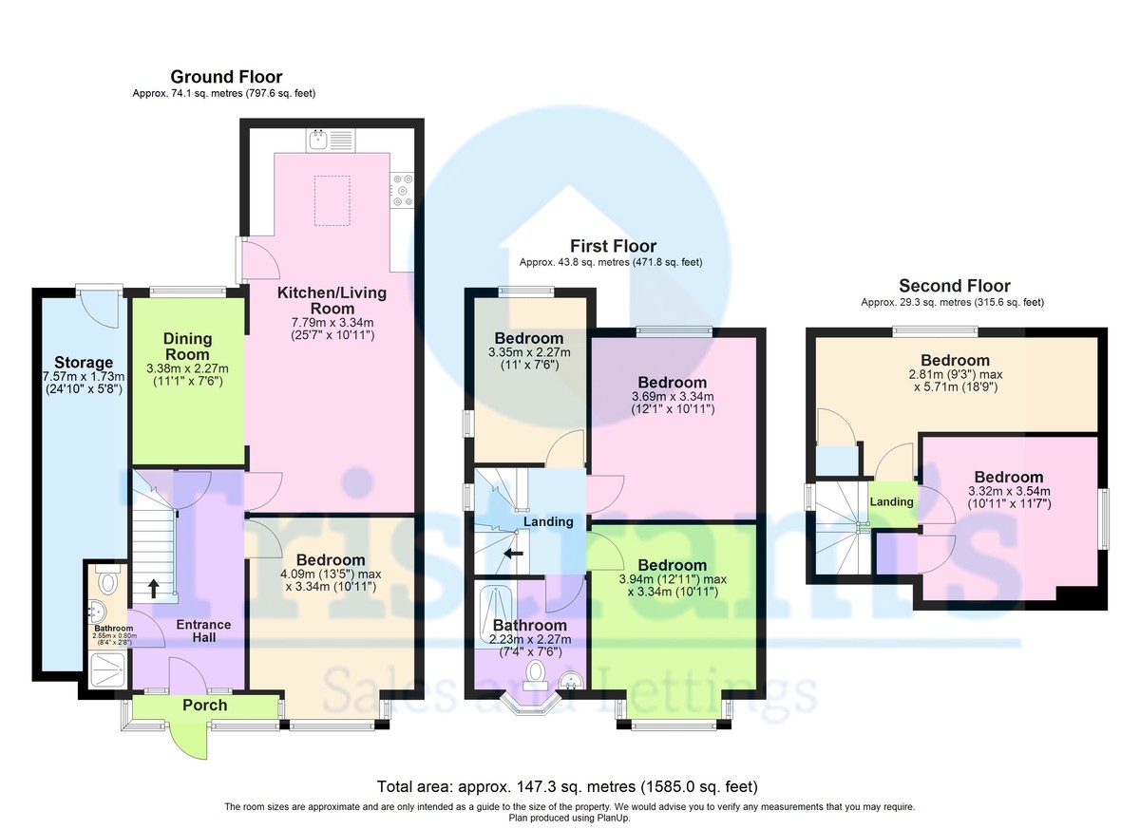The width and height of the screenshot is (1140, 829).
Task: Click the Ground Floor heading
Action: [x=226, y=77]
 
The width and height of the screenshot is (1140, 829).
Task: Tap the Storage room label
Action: [x=84, y=362]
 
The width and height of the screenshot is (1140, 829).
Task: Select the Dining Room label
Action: [x=187, y=347]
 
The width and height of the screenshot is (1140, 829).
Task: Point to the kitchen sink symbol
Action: [x=329, y=141]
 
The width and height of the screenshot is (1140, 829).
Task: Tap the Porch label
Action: [x=205, y=705]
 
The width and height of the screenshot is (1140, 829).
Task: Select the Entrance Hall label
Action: [x=204, y=631]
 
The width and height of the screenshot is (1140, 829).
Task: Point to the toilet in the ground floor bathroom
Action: [x=108, y=579]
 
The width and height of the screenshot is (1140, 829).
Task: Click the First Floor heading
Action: [x=613, y=246]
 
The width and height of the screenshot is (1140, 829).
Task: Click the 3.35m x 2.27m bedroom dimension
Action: [x=528, y=358]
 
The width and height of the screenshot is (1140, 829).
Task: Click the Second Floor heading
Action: [x=955, y=286]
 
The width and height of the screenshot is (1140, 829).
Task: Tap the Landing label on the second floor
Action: [x=891, y=501]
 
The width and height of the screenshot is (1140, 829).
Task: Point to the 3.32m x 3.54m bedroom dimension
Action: [x=1007, y=498]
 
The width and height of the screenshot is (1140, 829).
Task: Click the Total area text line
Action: [x=567, y=786]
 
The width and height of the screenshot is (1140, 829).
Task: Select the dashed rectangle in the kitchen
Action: [x=332, y=199]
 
